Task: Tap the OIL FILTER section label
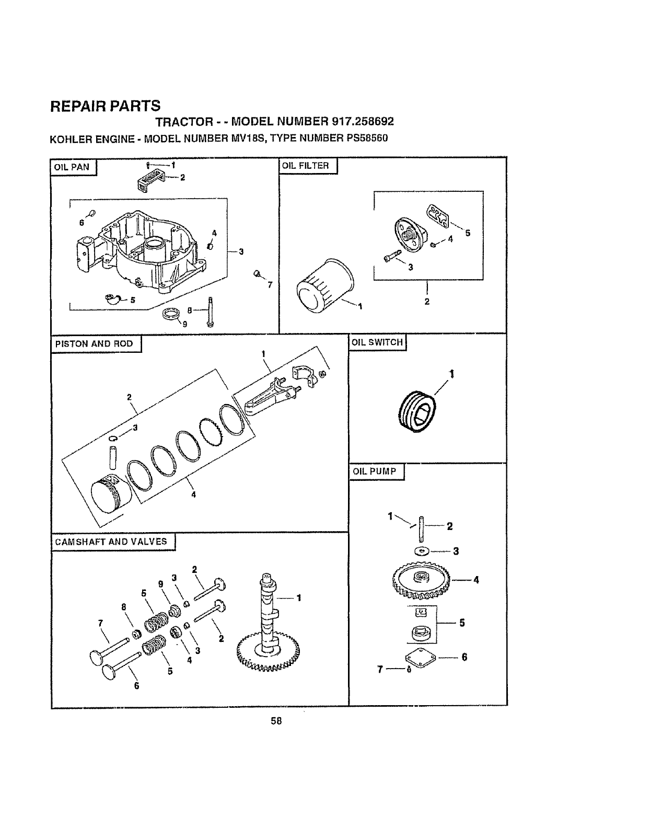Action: [x=306, y=166]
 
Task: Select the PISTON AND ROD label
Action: [x=95, y=344]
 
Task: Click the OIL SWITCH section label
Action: [x=377, y=342]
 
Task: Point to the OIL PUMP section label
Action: [x=375, y=471]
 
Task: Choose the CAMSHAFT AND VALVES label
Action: [x=112, y=542]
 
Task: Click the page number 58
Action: [x=276, y=721]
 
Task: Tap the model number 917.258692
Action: [x=362, y=121]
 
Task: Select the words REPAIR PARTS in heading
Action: [x=105, y=106]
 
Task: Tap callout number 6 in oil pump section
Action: [x=464, y=657]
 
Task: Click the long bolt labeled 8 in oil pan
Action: [x=209, y=312]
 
